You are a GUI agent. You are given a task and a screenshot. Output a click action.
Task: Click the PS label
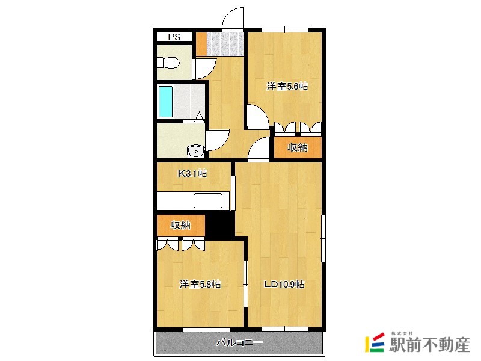[x=174, y=37]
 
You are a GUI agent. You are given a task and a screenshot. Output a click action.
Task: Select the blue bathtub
[x=165, y=102]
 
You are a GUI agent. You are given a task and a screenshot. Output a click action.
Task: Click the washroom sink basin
[x=196, y=152]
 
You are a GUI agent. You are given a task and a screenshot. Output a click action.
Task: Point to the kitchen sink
[x=208, y=201]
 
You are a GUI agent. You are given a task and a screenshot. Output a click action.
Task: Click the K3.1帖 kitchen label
[x=192, y=174]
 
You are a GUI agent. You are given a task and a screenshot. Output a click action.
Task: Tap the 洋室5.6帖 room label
[x=287, y=87]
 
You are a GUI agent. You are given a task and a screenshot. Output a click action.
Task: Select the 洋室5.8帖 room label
[x=200, y=284]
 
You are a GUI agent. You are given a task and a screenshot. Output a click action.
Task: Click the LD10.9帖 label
[x=284, y=284]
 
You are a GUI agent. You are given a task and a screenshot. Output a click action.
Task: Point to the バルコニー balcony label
[x=239, y=342]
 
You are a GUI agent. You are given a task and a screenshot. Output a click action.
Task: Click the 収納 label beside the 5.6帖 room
[x=297, y=147]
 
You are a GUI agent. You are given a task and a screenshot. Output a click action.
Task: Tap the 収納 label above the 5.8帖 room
[x=180, y=225]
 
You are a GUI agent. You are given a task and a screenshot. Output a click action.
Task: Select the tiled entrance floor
[x=225, y=44]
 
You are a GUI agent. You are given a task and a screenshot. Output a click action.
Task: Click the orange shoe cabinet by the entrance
[x=201, y=44]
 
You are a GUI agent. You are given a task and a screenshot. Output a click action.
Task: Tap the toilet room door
[x=204, y=69]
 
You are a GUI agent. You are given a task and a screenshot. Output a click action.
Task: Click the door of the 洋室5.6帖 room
[x=258, y=116]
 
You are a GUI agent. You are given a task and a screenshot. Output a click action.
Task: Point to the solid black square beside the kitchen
[x=219, y=225]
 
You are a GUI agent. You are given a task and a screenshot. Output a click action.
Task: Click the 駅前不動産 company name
[x=429, y=345]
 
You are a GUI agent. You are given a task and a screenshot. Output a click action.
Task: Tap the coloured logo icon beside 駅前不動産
[x=375, y=342]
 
